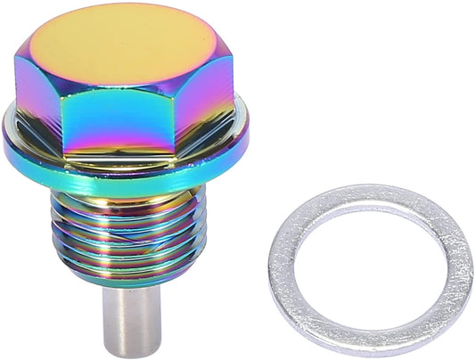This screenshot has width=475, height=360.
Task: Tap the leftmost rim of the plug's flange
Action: coord(6,134)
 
